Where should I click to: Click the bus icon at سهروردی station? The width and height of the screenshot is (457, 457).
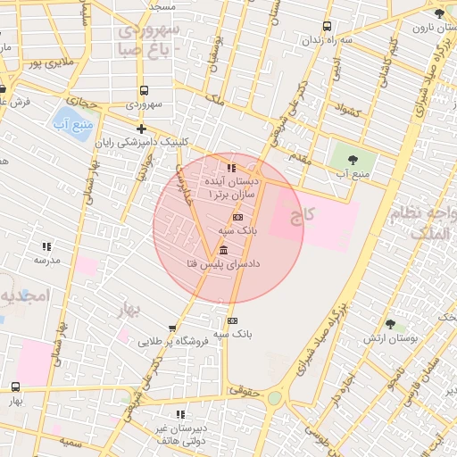[x=144, y=90]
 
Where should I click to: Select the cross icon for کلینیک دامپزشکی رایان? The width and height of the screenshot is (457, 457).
[x=141, y=129]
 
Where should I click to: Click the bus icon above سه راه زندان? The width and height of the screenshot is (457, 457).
[x=328, y=26]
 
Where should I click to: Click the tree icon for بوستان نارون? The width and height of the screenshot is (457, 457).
[x=438, y=13]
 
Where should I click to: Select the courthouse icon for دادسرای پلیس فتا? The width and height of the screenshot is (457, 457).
[x=222, y=249]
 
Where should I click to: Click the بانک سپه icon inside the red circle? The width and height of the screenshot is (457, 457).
[x=237, y=217]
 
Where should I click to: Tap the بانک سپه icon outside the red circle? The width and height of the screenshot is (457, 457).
[x=232, y=320]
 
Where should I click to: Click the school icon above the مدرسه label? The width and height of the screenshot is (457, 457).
[x=46, y=245]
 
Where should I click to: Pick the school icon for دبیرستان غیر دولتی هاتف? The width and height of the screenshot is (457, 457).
[x=181, y=414]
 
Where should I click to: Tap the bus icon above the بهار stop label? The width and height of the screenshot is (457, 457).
[x=16, y=386]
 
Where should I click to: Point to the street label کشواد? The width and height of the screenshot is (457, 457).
[x=344, y=112]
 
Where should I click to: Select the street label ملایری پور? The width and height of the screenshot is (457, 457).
[x=46, y=63]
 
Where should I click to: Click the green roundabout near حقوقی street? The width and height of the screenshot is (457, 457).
[x=274, y=398]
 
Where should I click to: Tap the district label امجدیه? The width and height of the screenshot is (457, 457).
[x=18, y=295]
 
